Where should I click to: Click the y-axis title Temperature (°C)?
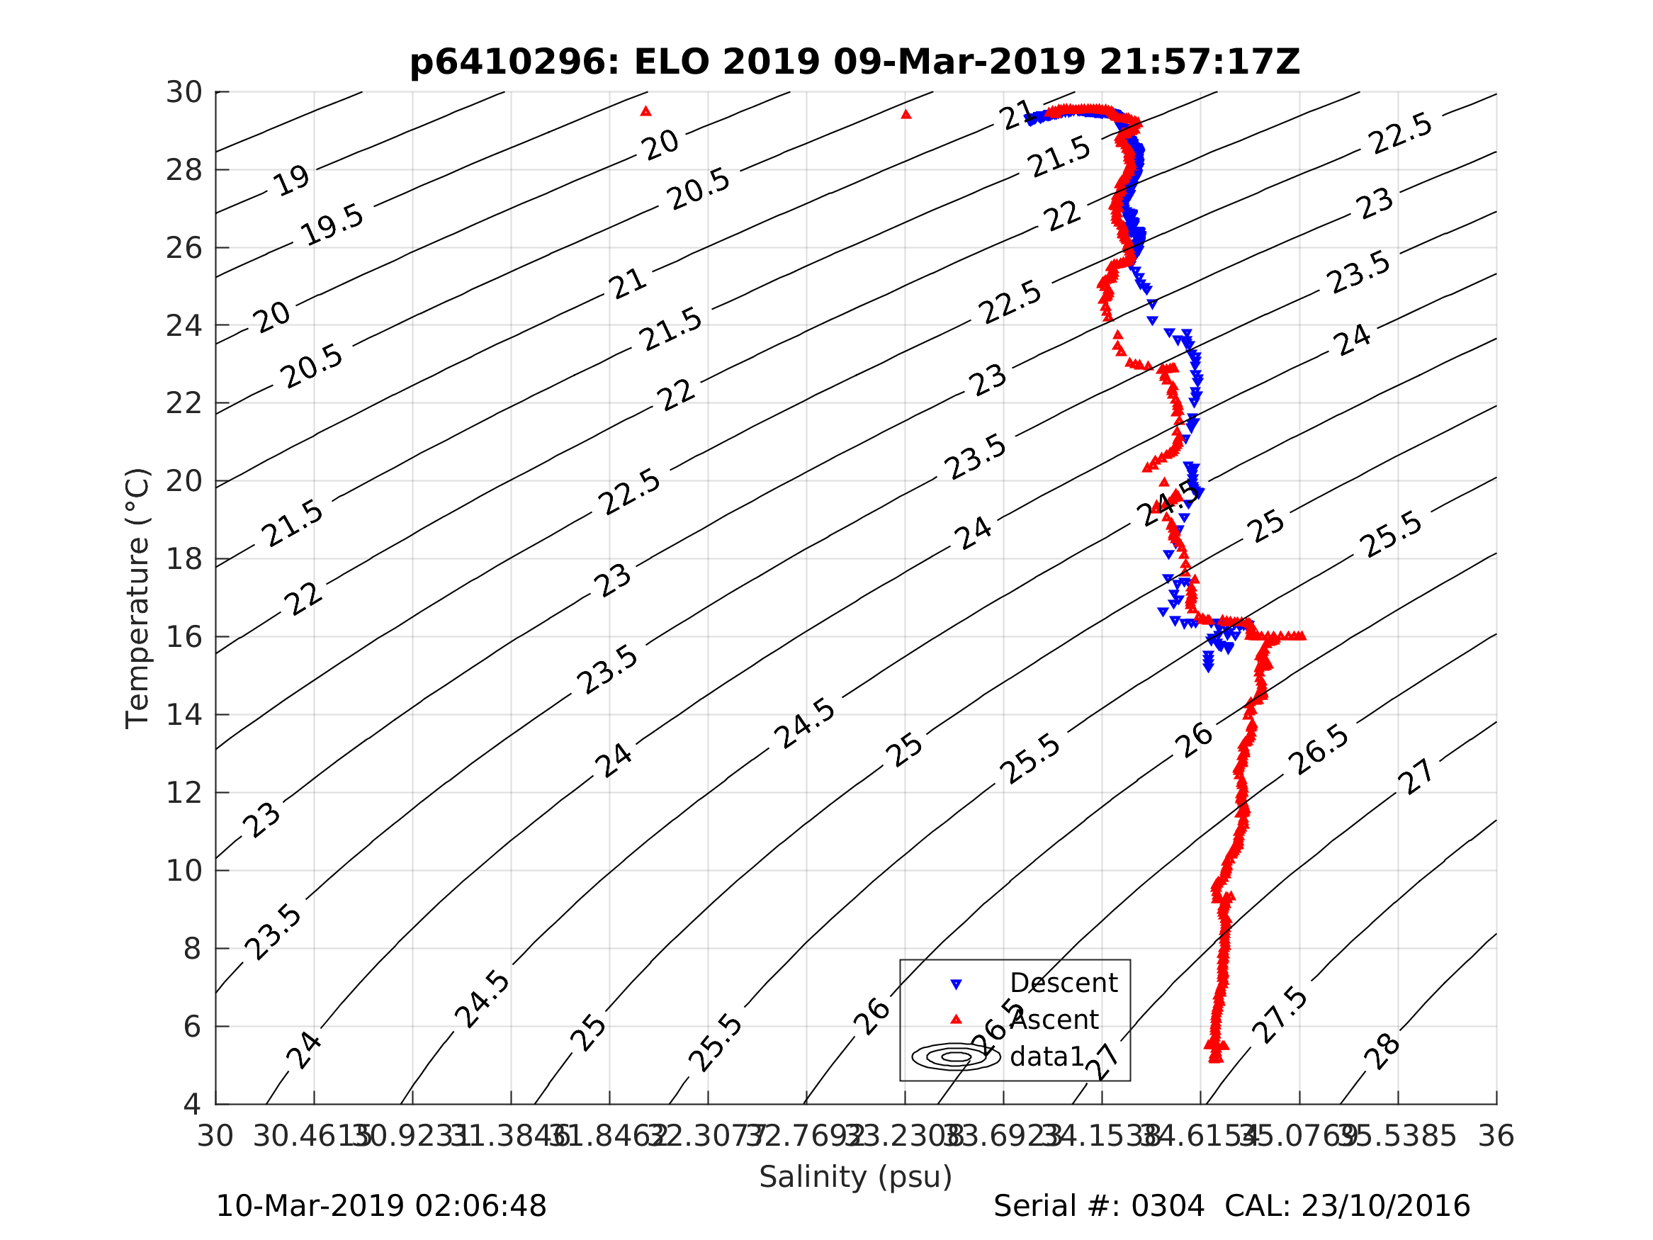click(137, 598)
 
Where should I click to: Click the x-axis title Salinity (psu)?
click(856, 1176)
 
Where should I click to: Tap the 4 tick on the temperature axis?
click(192, 1104)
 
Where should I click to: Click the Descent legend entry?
click(1063, 983)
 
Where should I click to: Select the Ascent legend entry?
click(1054, 1020)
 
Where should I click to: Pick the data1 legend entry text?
click(1046, 1056)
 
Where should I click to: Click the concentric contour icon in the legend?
click(956, 1056)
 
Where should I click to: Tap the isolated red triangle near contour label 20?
click(645, 111)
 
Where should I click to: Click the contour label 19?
click(290, 180)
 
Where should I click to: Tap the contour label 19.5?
click(332, 225)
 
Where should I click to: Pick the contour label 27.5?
click(1280, 1015)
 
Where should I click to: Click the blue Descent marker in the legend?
click(956, 984)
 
